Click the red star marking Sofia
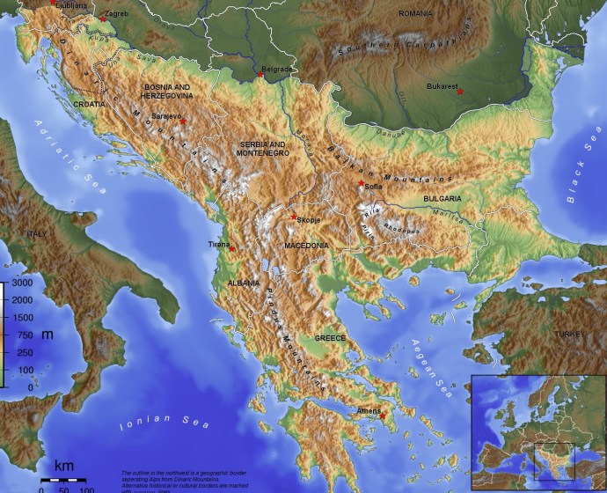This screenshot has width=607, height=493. (361, 183)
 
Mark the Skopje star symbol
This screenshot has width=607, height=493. (293, 217)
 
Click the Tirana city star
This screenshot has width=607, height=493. (231, 248)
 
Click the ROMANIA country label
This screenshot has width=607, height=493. (415, 14)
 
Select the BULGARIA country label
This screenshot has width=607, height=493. (442, 199)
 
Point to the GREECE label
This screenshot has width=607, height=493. (331, 338)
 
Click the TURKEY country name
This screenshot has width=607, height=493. (568, 335)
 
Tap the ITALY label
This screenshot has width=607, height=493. (36, 233)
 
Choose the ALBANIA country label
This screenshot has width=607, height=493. (243, 283)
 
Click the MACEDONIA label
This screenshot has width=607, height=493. (306, 245)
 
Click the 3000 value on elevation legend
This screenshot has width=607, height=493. (21, 283)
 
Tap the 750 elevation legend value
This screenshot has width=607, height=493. (25, 335)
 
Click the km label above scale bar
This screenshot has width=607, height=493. (64, 465)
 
